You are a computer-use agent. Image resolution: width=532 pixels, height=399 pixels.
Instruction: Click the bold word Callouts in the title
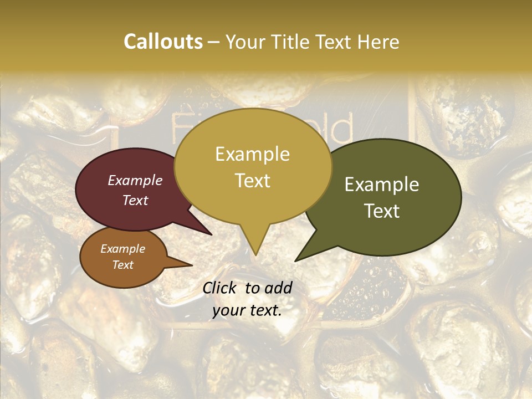(x=163, y=42)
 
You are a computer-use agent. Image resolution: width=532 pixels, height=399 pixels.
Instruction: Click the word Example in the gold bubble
(x=252, y=154)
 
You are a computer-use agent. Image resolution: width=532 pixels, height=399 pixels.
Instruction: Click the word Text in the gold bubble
(x=252, y=181)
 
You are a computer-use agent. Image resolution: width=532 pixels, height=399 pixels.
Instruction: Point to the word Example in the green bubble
(x=382, y=185)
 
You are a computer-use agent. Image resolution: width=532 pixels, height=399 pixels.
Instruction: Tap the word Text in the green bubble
(x=382, y=211)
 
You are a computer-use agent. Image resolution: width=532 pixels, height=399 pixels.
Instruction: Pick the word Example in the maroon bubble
(x=135, y=180)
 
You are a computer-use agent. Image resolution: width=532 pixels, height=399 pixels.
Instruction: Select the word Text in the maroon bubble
(x=135, y=200)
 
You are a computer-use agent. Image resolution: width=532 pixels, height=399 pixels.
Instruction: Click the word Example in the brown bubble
(x=122, y=249)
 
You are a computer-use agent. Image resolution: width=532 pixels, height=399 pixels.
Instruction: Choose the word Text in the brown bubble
(x=122, y=265)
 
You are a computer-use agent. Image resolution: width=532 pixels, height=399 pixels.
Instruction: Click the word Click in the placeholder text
(x=220, y=288)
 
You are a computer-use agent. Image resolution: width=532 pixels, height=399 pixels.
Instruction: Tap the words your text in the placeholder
(x=247, y=310)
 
